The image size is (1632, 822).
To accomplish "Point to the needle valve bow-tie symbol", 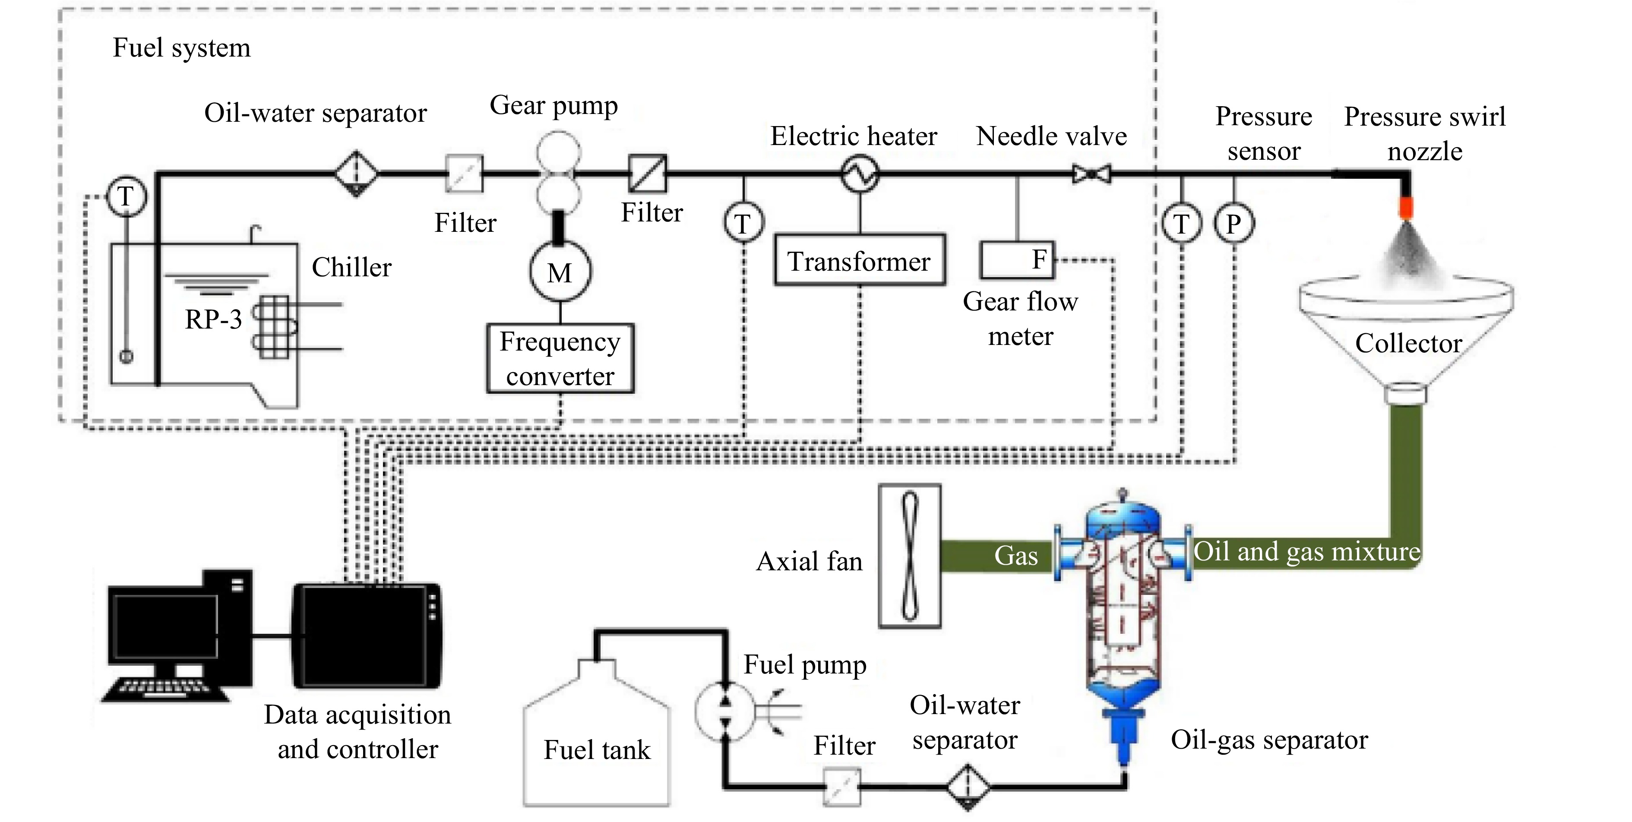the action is click(x=1091, y=174).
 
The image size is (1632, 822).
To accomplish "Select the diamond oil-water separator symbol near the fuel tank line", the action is click(x=968, y=787).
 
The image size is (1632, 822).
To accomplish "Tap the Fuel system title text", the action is click(x=182, y=48).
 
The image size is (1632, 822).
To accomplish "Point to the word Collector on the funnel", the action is click(x=1408, y=343).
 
